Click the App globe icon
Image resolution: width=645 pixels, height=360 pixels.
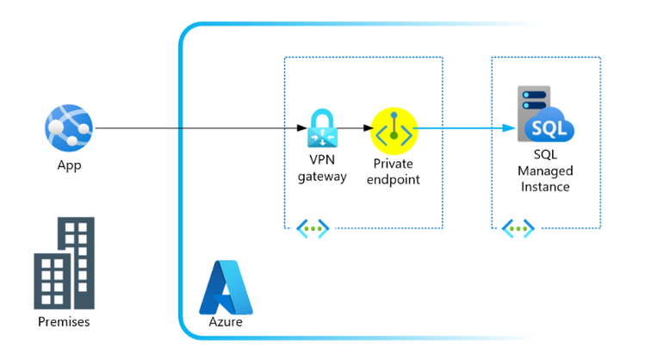68,128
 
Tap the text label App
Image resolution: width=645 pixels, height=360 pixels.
68,164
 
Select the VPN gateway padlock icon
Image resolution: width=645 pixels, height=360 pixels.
322,129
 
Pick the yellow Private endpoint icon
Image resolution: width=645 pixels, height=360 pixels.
394,130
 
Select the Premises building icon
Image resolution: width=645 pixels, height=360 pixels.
65,263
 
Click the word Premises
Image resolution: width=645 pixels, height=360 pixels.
65,322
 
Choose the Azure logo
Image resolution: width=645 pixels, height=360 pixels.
226,287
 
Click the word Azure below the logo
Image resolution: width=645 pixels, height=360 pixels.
226,322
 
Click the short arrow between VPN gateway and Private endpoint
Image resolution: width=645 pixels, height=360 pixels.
355,130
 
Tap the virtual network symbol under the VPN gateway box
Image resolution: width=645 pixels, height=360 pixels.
313,228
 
